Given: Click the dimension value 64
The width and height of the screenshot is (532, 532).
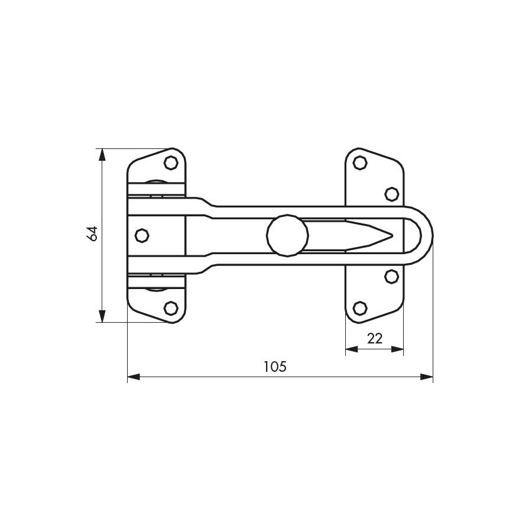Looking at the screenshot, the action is point(92,233).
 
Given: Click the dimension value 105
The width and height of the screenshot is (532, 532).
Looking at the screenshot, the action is point(275,366).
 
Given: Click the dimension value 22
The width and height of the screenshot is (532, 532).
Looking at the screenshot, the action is point(375,338).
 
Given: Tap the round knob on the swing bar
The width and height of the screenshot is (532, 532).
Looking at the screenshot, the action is point(287,235).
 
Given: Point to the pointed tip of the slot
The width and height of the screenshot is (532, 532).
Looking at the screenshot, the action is point(392,235).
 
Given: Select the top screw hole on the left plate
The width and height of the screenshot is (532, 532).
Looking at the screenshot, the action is point(171,163).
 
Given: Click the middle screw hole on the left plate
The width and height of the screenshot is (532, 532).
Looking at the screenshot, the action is point(142,235).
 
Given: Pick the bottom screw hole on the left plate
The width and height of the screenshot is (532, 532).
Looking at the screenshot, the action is point(171,308).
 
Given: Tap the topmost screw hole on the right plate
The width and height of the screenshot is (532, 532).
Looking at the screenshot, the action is point(359,163).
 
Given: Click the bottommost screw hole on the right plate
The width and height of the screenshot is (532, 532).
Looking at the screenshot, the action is point(359,308).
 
